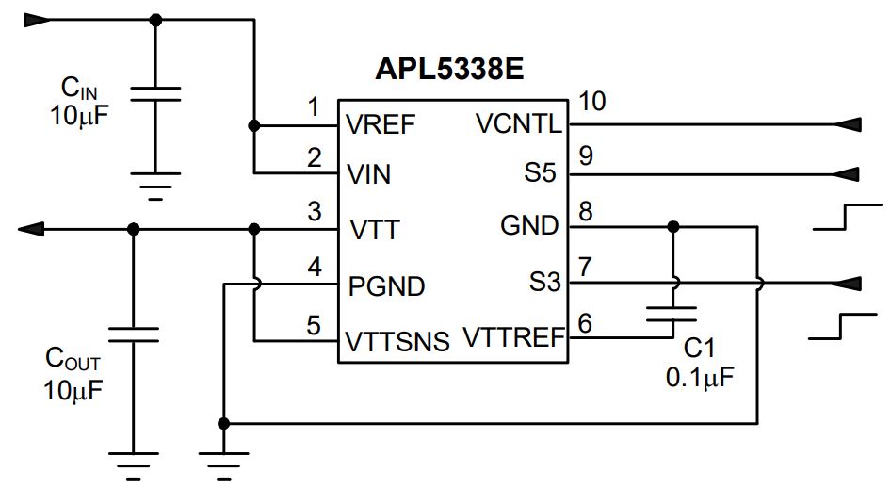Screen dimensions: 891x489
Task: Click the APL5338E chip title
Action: [449, 69]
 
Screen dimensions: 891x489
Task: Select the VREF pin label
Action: [381, 124]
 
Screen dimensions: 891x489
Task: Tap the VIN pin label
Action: [369, 174]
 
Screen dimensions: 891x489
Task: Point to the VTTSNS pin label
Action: [397, 342]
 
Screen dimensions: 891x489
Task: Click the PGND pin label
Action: [386, 286]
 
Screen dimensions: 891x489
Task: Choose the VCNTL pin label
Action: [519, 123]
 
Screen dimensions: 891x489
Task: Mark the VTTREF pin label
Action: [514, 336]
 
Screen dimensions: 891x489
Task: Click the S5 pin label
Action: [540, 172]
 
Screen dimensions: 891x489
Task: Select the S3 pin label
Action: [545, 281]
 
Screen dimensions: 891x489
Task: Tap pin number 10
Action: [592, 101]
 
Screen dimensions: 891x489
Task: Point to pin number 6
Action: [585, 323]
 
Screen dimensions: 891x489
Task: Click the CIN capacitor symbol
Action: [155, 94]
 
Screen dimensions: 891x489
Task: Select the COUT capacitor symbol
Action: [133, 334]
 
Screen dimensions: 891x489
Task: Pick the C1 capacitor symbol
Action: [672, 314]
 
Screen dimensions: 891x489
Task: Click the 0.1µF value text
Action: [700, 377]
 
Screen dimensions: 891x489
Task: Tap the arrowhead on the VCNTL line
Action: [848, 124]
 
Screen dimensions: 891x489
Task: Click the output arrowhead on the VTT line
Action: [31, 229]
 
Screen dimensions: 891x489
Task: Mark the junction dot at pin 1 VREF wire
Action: [254, 125]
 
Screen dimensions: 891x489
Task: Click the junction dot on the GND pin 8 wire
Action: [672, 227]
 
